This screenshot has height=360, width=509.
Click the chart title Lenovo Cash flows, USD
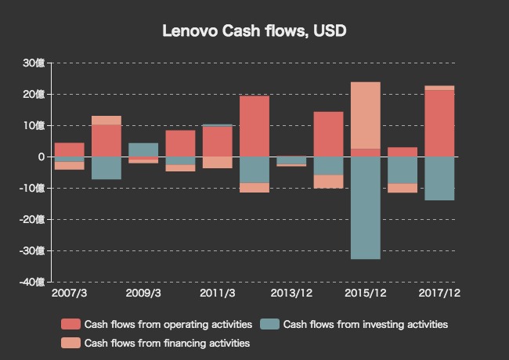[254, 31]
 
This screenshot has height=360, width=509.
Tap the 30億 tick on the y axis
[34, 63]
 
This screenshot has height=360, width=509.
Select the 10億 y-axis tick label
[34, 125]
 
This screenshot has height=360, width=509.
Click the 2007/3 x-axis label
[70, 293]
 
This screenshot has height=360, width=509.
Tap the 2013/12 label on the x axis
[291, 293]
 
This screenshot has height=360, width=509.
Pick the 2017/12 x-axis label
[439, 293]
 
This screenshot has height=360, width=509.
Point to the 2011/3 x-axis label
[218, 293]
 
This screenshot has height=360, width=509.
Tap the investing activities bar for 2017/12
[439, 178]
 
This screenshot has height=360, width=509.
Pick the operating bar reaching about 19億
[254, 126]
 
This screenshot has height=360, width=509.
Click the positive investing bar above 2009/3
[143, 149]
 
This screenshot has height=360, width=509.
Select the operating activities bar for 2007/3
[70, 149]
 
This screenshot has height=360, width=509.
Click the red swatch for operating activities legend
[71, 324]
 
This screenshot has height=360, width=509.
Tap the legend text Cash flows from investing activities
[365, 324]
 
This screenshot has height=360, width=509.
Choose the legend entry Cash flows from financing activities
[167, 343]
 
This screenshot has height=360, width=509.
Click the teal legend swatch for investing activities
[270, 324]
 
